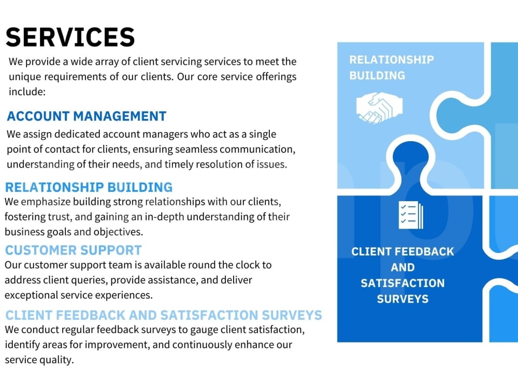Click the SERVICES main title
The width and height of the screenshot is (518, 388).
click(x=70, y=37)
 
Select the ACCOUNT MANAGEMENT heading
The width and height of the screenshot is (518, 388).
click(x=87, y=116)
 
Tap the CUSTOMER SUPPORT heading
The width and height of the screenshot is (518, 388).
click(x=74, y=250)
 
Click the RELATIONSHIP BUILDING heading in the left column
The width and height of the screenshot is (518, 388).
click(x=89, y=187)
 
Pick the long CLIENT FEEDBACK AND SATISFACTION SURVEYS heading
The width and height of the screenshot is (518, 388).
click(x=164, y=315)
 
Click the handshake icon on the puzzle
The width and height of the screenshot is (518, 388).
click(x=379, y=108)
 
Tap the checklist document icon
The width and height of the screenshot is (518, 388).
click(x=411, y=215)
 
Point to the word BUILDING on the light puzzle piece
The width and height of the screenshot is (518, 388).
click(x=377, y=76)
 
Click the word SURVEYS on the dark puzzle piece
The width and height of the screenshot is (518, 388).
click(x=402, y=299)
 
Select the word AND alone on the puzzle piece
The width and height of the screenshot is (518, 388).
click(x=402, y=267)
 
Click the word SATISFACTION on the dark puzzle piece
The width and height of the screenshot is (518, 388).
click(x=402, y=283)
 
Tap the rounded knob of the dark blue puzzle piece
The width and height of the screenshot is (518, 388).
click(x=411, y=158)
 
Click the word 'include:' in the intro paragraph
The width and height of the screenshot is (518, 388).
click(x=27, y=92)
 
